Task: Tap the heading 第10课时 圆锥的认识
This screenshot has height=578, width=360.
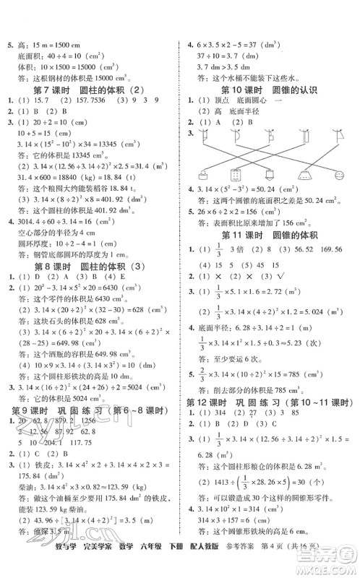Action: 271,90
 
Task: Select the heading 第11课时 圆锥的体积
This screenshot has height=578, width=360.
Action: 271,254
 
